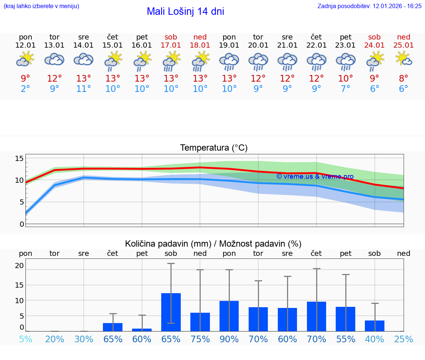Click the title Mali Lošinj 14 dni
click(x=185, y=11)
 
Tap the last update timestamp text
click(x=369, y=6)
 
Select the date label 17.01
click(x=171, y=45)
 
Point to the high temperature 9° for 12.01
click(x=25, y=79)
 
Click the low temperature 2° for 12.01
click(x=25, y=89)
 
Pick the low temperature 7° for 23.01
click(x=346, y=89)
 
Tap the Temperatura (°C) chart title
click(x=214, y=148)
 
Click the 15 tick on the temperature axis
click(x=19, y=159)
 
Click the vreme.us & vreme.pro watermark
click(x=315, y=176)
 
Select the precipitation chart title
click(x=213, y=244)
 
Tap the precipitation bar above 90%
click(x=229, y=316)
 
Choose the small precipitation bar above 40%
click(x=374, y=326)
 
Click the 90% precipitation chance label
click(x=229, y=339)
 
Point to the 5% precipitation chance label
click(x=25, y=339)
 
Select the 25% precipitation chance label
click(x=404, y=339)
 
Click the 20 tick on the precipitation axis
click(x=19, y=265)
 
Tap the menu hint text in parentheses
click(x=41, y=6)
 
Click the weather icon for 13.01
click(x=55, y=59)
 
